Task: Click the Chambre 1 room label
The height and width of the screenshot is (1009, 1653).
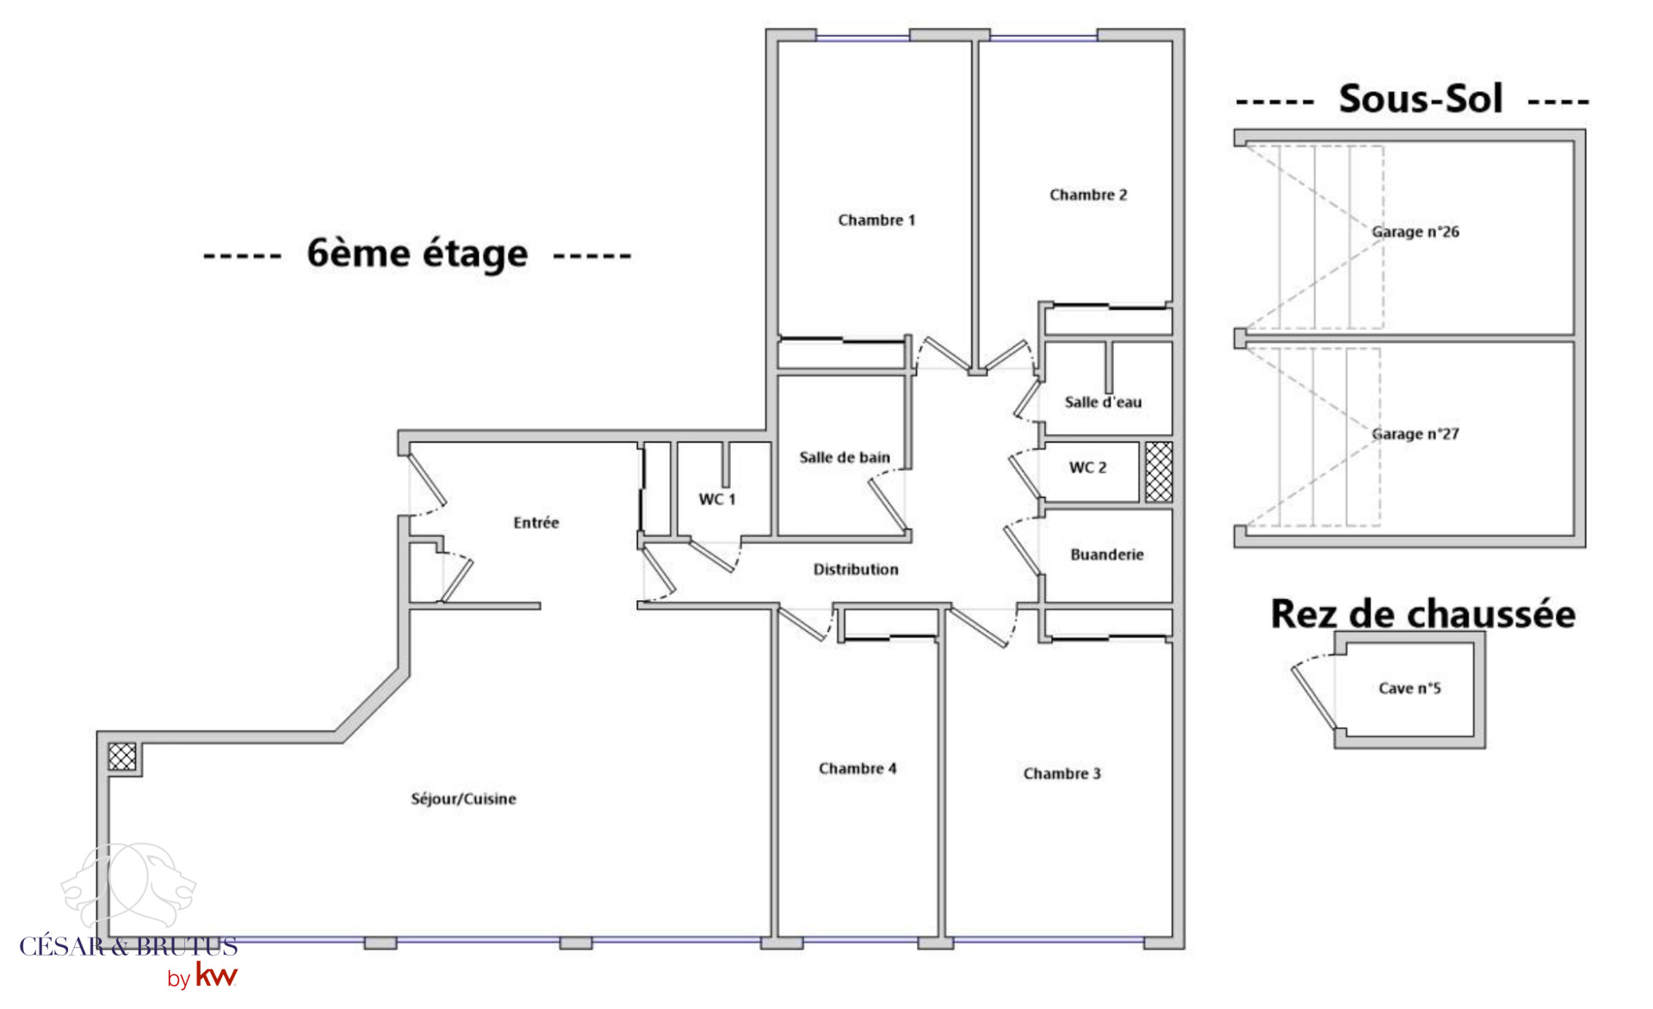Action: click(876, 220)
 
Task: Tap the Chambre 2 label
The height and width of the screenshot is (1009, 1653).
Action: click(1088, 195)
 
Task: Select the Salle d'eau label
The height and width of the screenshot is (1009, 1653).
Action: click(1103, 402)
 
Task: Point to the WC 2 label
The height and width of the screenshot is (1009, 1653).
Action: click(1087, 467)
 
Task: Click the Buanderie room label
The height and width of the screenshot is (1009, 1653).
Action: click(1107, 554)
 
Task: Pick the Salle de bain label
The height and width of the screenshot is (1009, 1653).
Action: click(845, 457)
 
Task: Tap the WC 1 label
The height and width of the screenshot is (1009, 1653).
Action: click(717, 499)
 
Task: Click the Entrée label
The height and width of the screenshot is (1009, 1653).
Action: click(536, 523)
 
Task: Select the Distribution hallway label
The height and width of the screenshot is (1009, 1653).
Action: click(856, 569)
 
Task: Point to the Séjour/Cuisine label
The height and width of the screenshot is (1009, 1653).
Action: click(463, 799)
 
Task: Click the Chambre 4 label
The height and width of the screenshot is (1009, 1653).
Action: click(857, 768)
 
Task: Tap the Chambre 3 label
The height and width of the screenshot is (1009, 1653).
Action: click(1062, 773)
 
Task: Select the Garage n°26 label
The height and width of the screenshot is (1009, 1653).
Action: click(1415, 232)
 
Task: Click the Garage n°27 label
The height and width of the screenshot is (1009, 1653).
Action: click(1415, 434)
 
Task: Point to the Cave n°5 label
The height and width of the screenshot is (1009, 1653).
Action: click(1409, 688)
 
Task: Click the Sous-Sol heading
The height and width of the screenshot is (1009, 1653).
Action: click(1421, 99)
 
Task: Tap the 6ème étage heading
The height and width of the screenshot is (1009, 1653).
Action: click(418, 253)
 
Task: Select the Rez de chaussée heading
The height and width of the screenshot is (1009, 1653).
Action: click(1423, 614)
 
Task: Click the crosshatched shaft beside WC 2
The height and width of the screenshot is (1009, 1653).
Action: click(1159, 472)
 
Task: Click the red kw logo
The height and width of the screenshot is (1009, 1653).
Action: click(216, 975)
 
